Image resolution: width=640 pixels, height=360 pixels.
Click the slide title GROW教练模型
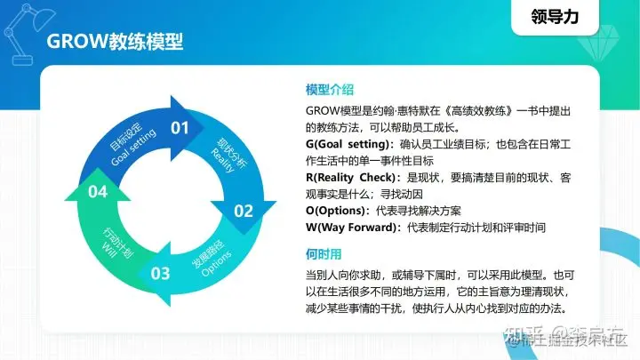115,42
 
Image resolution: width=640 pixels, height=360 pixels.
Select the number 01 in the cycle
180,128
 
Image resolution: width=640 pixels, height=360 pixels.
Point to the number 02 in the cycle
244,211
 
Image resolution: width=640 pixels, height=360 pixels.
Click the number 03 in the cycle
160,273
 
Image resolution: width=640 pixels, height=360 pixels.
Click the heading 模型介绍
330,91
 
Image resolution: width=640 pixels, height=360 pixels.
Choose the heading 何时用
324,253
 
